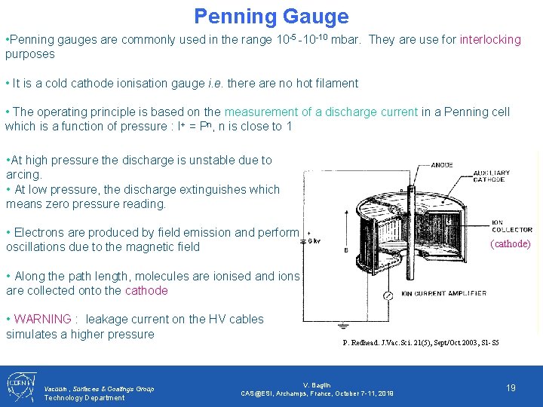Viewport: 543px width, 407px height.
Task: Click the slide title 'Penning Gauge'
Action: click(x=271, y=16)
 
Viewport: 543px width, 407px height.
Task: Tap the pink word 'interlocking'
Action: click(x=490, y=39)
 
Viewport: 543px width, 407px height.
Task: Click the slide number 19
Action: click(x=511, y=387)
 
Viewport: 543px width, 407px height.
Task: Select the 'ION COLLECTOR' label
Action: click(x=512, y=225)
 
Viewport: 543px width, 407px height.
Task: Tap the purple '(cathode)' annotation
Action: click(x=511, y=243)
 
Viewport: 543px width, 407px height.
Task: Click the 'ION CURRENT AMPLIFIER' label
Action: click(x=443, y=293)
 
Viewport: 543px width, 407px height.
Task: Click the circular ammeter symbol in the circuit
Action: click(x=388, y=296)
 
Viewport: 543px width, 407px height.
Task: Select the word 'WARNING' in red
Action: click(x=42, y=319)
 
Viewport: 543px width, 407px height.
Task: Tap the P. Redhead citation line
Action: click(x=420, y=343)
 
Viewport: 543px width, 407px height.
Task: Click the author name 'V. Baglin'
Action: click(x=317, y=385)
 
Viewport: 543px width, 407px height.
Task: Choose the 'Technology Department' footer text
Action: click(x=84, y=397)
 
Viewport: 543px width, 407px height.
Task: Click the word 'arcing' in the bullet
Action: click(x=23, y=174)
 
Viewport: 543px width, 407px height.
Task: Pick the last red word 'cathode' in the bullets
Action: click(x=146, y=290)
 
